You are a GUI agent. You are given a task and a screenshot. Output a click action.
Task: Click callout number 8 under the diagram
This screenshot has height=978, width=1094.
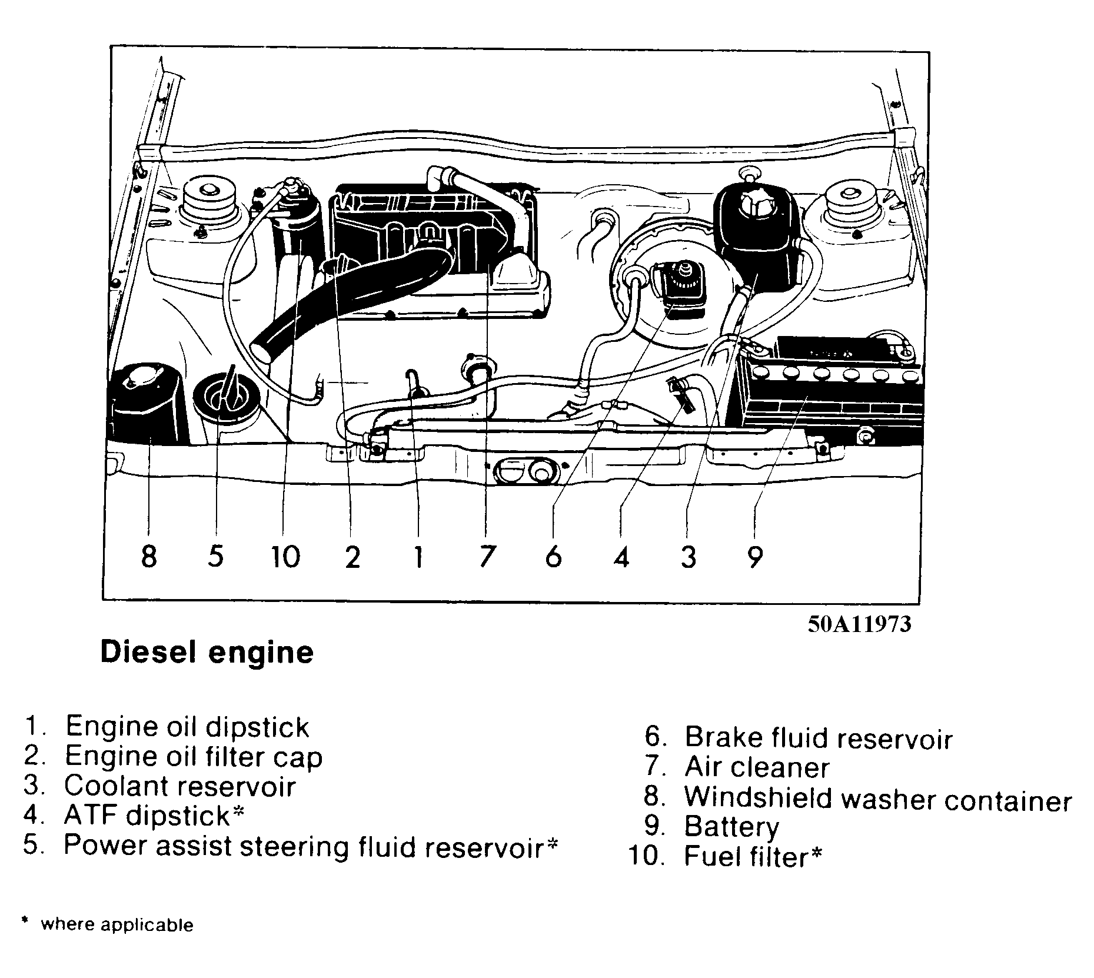pos(149,555)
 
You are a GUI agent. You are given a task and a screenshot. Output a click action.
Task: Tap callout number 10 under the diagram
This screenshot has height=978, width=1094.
pos(285,556)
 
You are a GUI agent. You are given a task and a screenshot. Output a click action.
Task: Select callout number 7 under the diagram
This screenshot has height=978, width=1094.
pos(486,555)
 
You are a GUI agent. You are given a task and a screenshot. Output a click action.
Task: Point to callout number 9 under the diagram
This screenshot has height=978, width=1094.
pos(755,555)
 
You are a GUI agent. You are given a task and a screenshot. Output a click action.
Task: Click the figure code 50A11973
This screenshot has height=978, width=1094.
pos(859,624)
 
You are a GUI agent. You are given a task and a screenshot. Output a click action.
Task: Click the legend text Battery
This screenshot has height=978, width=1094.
pos(731,826)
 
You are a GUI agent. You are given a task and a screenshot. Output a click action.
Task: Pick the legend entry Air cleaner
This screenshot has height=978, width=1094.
pos(757,767)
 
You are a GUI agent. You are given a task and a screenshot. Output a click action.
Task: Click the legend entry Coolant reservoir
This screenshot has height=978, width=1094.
pos(179,786)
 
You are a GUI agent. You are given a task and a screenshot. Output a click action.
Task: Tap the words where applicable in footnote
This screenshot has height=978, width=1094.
pos(117,924)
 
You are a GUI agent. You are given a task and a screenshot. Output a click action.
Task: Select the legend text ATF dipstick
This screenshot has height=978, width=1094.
pos(147,816)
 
